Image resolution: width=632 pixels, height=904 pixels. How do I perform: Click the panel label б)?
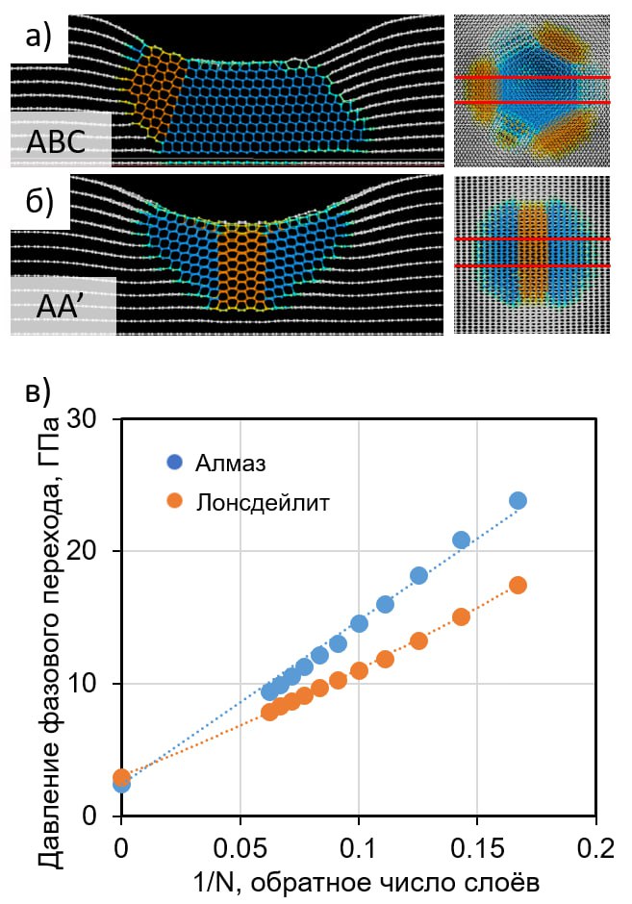(39, 201)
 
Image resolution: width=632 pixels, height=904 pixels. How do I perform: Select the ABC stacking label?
(56, 141)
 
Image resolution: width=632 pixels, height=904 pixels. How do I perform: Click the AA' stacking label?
(62, 308)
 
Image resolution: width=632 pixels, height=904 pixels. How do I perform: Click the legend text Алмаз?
(231, 463)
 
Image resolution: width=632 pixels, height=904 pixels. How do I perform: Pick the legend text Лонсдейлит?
(263, 502)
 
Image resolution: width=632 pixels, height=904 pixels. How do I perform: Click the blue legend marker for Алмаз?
(173, 463)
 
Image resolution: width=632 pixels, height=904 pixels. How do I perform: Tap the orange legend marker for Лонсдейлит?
(173, 501)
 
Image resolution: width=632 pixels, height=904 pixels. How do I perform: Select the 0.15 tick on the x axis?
(476, 848)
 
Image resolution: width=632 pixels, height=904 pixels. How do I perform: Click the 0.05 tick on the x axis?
(240, 848)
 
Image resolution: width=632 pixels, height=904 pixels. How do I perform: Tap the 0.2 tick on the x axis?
(595, 848)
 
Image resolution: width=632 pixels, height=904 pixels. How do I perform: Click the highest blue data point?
(518, 500)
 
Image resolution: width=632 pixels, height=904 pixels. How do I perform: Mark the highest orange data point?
(518, 585)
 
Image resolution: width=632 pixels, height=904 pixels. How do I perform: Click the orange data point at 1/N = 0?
(121, 777)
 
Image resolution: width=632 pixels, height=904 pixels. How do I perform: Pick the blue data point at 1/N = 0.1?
(359, 623)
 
